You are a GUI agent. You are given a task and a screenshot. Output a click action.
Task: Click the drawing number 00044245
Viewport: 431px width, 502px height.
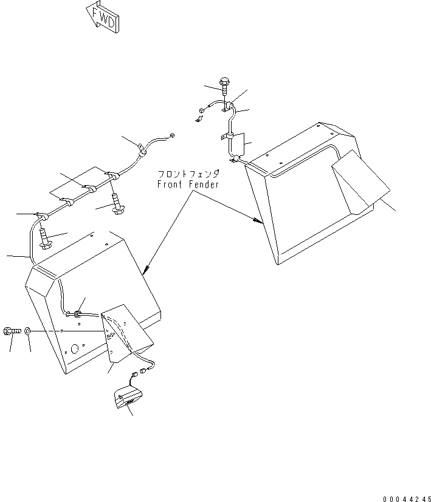(406, 499)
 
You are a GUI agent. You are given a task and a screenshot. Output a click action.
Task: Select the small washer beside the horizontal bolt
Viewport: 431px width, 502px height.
(29, 331)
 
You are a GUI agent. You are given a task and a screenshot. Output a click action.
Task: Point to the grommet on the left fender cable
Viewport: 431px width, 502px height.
(78, 314)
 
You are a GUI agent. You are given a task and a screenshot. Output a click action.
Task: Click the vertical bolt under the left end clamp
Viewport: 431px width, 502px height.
(44, 237)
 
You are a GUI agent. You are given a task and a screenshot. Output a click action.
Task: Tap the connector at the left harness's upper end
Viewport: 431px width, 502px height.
(173, 135)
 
